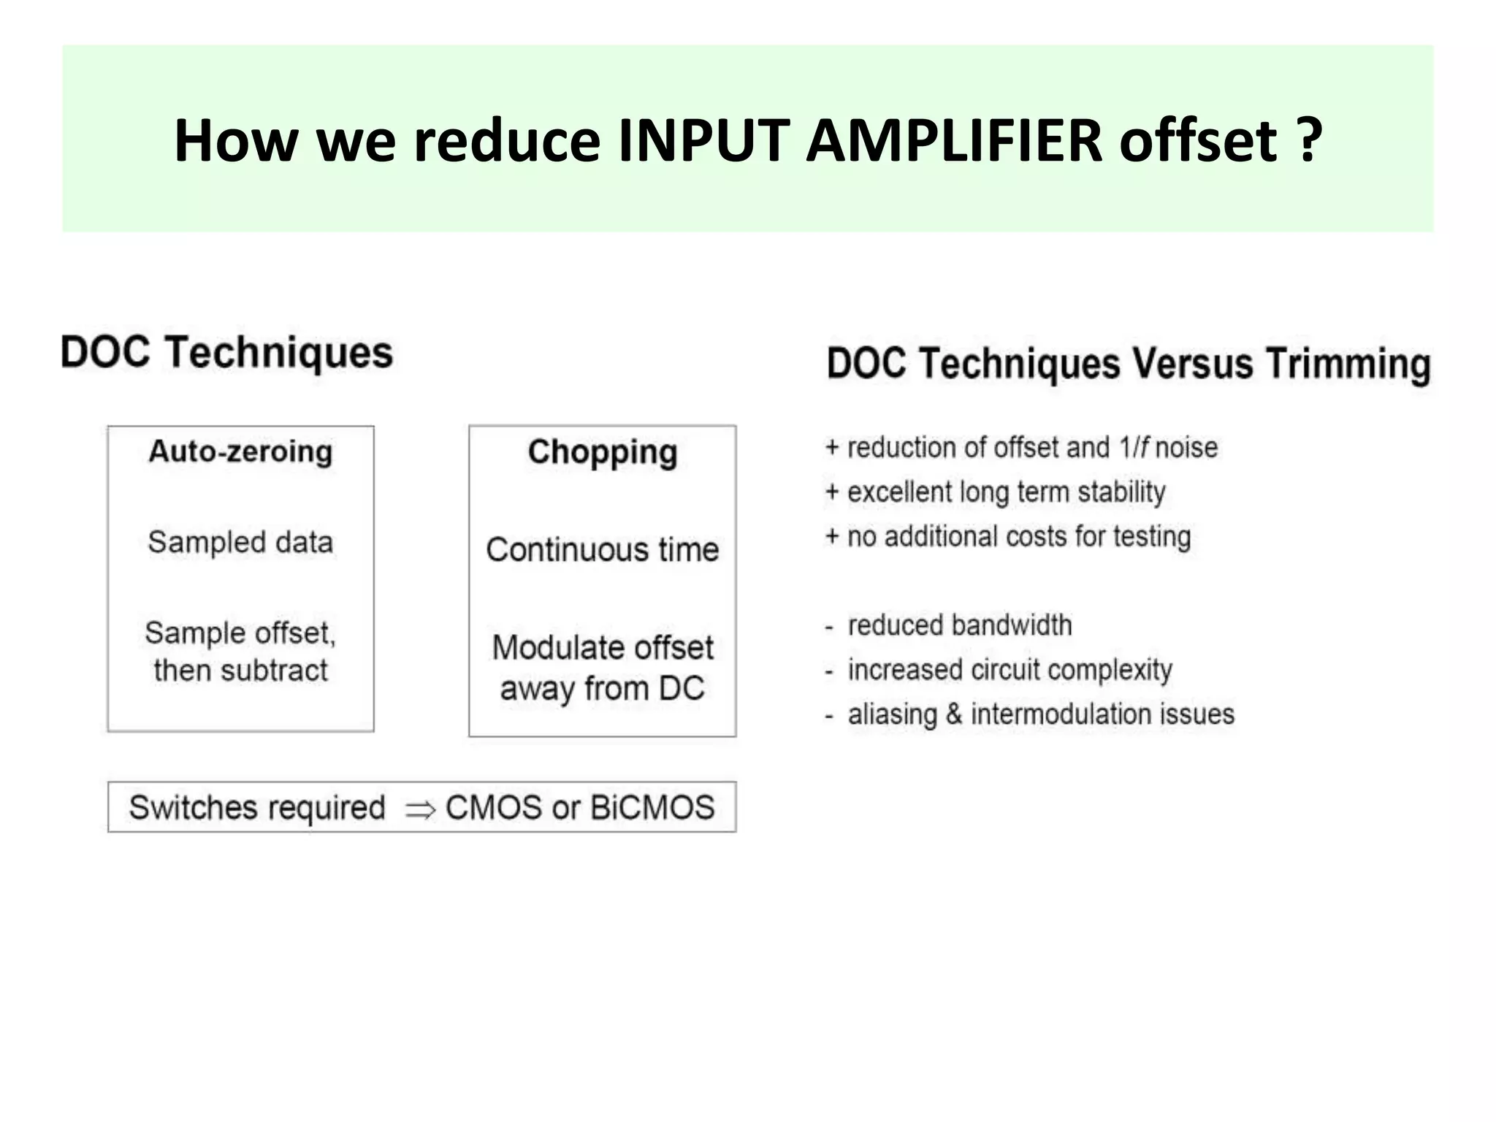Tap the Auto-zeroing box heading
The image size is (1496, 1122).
click(x=240, y=451)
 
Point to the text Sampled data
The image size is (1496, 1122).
click(x=240, y=543)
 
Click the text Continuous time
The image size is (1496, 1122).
click(x=603, y=550)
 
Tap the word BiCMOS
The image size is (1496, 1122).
click(x=652, y=808)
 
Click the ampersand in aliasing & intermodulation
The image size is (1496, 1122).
click(x=954, y=714)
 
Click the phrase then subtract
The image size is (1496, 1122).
click(x=240, y=671)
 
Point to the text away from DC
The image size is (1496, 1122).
click(x=603, y=689)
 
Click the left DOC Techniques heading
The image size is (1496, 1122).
click(x=226, y=353)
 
